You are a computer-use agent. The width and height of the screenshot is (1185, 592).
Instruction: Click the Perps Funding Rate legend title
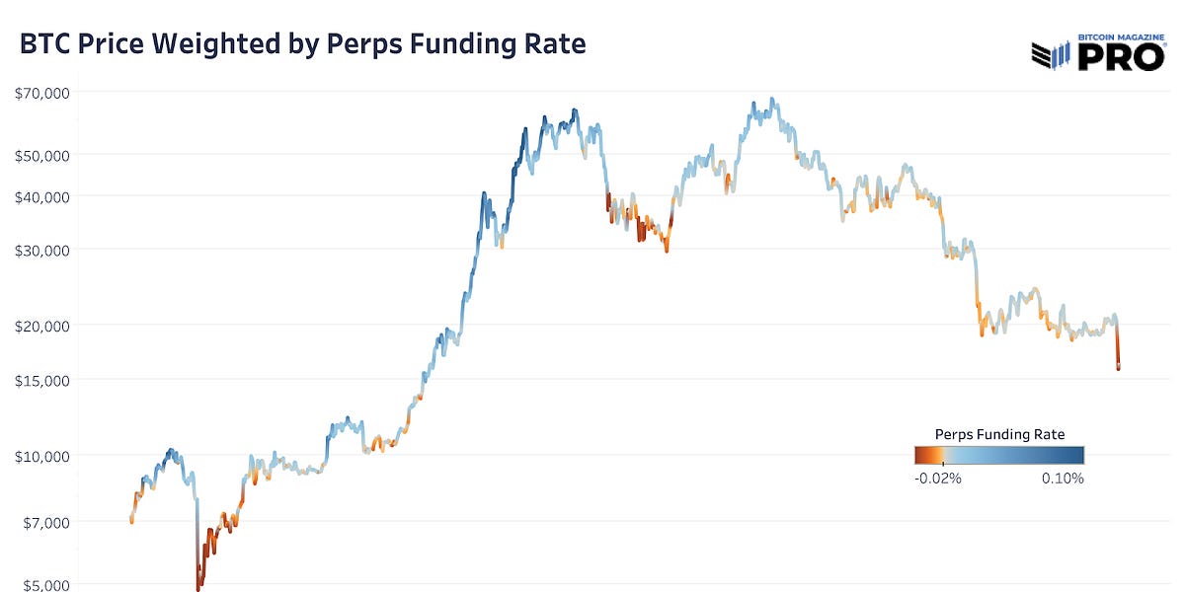[998, 434]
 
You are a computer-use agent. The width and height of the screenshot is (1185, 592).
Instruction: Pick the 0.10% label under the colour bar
[1062, 479]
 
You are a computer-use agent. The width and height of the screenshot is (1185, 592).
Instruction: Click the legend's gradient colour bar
[998, 455]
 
